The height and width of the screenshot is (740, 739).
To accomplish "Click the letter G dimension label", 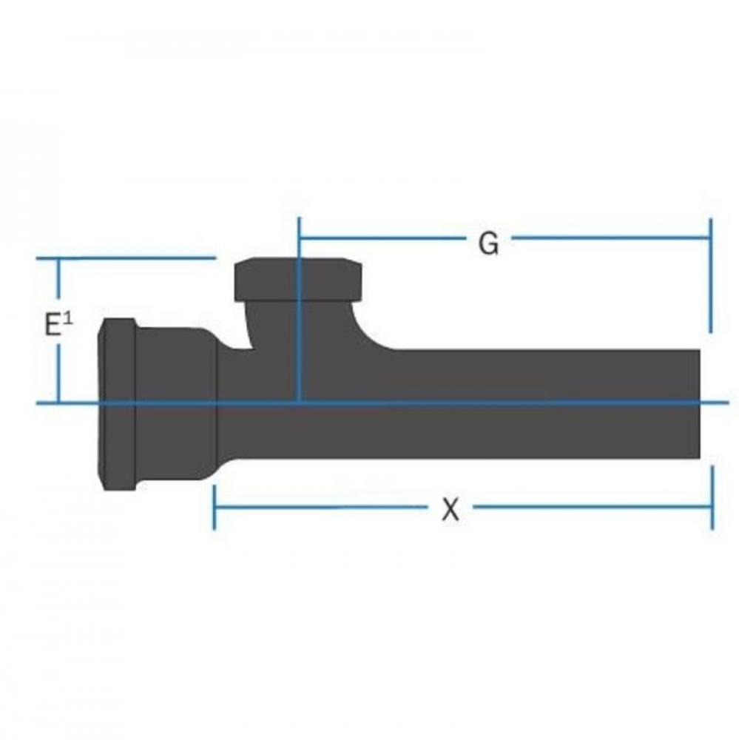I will (488, 243).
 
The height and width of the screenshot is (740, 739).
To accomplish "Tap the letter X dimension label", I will (451, 509).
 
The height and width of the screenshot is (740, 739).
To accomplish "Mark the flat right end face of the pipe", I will (698, 404).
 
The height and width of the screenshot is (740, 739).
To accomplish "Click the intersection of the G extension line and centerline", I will (298, 403).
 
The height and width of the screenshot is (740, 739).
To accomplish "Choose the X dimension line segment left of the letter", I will (318, 508).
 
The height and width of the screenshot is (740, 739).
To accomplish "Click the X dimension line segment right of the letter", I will (592, 508).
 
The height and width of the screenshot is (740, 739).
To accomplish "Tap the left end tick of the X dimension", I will (214, 508).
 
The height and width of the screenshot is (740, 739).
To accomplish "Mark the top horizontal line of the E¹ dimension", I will (126, 258).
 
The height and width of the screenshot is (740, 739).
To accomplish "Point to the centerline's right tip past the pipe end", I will (725, 403).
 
